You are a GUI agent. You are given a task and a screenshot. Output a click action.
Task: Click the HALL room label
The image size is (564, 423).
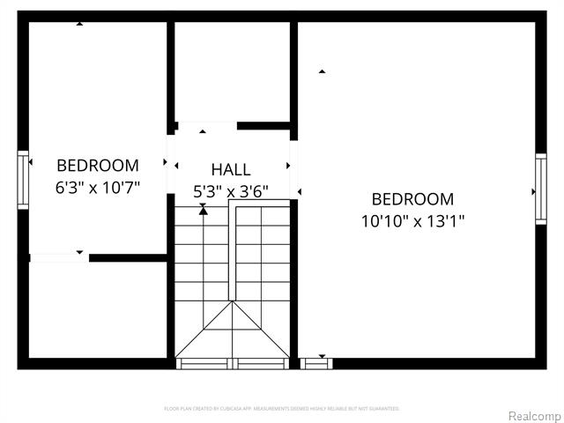[231, 170]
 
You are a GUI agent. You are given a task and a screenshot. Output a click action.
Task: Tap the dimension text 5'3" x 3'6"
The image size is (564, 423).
[231, 190]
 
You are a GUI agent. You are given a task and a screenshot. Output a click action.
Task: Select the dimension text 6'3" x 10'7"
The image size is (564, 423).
[98, 187]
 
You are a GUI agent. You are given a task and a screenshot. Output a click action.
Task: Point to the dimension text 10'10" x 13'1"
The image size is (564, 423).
[412, 220]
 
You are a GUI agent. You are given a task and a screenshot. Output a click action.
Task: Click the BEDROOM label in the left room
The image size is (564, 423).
[98, 166]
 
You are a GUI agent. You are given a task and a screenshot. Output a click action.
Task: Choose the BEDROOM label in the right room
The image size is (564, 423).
[412, 199]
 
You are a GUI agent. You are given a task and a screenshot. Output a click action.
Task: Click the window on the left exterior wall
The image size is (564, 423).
[23, 181]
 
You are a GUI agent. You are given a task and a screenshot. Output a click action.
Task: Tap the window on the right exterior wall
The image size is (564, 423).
[540, 189]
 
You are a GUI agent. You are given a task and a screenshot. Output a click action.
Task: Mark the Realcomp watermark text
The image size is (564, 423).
[531, 415]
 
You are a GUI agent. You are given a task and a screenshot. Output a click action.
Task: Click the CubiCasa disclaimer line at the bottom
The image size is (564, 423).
[282, 409]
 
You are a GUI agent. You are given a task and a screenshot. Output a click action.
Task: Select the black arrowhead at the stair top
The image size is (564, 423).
[204, 210]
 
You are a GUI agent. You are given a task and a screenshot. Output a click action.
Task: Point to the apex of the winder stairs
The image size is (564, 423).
[233, 303]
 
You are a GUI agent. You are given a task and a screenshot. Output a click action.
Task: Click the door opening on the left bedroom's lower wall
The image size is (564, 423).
[59, 257]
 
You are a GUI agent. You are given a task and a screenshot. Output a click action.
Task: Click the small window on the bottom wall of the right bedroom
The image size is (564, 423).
[316, 363]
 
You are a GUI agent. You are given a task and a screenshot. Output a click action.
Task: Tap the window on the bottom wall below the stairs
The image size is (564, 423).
[233, 363]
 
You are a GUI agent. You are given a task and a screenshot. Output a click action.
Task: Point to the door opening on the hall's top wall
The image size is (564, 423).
[206, 126]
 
